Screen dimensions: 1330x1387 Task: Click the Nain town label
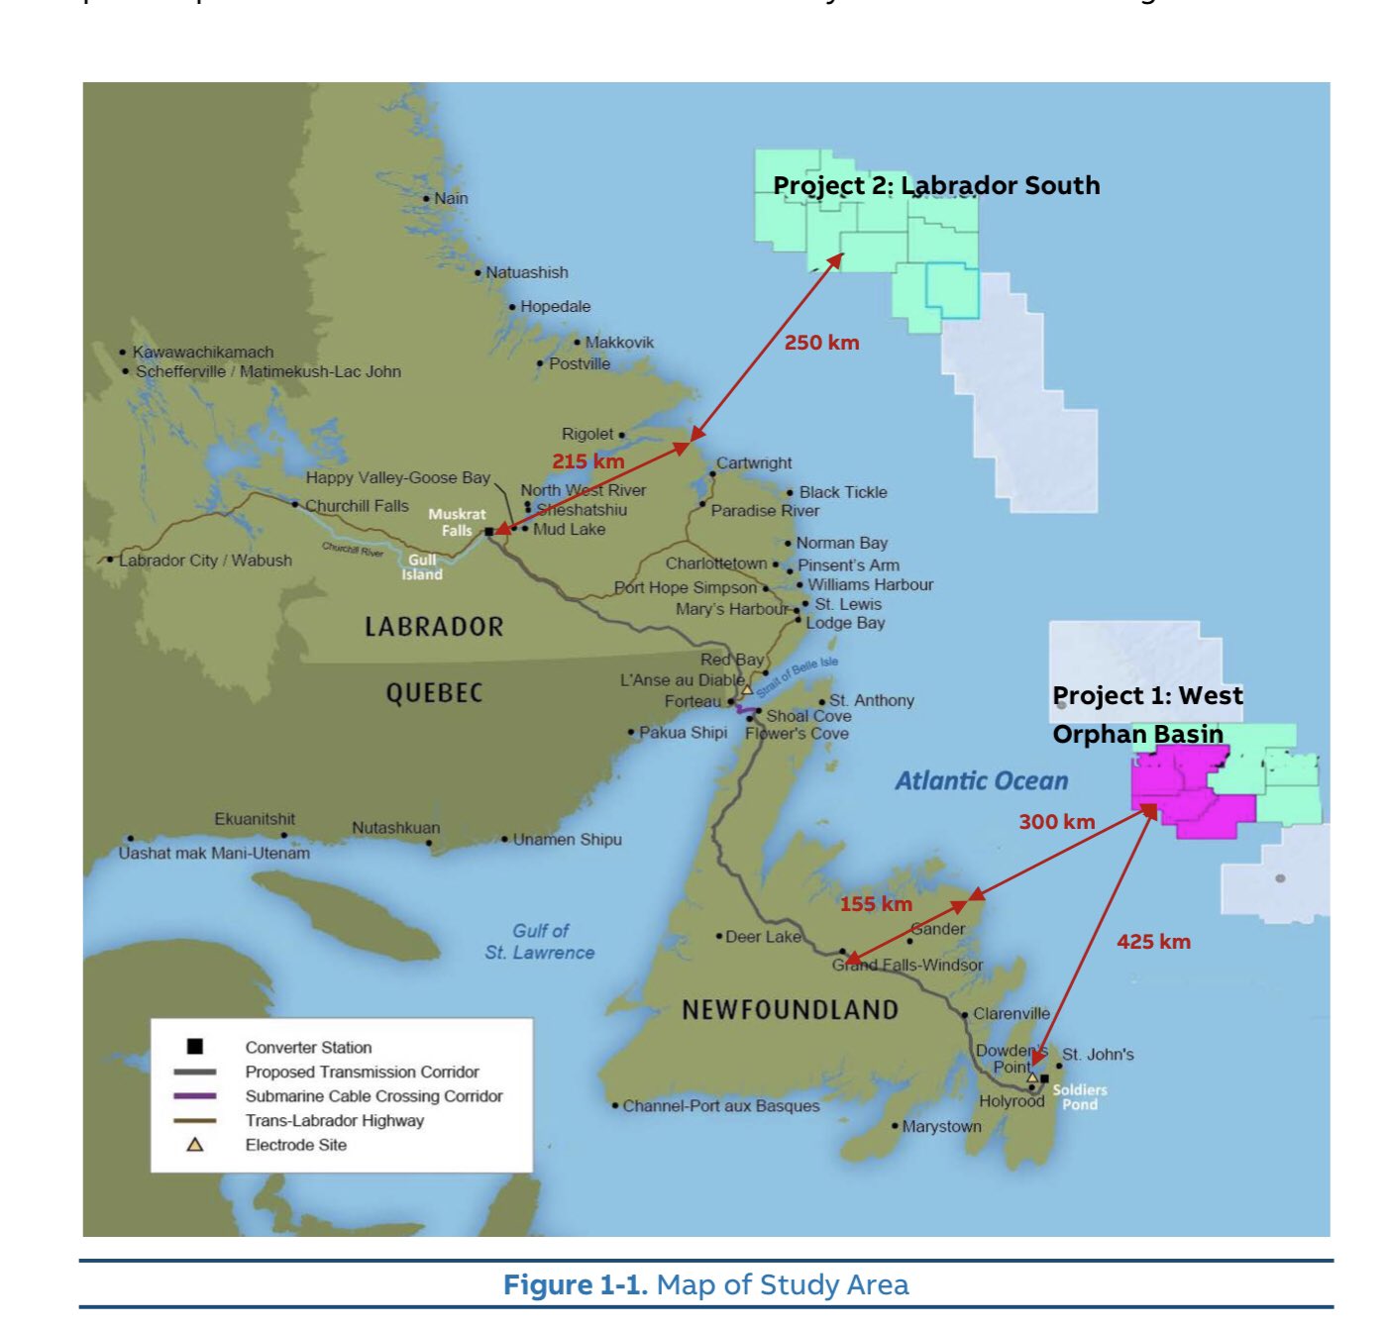pos(451,198)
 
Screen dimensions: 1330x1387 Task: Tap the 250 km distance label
pos(821,343)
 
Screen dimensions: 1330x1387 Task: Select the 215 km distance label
pos(587,461)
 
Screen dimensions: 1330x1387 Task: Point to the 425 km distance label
pos(1153,942)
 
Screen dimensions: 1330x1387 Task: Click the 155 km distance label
pos(876,904)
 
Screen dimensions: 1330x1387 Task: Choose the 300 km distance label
pos(1056,822)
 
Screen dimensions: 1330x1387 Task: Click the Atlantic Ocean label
pos(981,781)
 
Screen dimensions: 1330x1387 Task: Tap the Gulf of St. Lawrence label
pos(540,942)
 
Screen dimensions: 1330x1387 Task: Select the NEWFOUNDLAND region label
pos(790,1010)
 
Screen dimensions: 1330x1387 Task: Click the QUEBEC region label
pos(434,693)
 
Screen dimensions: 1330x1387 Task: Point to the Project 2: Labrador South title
pos(935,185)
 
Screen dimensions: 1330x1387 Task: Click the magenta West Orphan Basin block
pos(1189,792)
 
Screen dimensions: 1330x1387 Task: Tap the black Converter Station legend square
pos(195,1047)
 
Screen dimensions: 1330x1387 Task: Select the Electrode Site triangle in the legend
pos(195,1145)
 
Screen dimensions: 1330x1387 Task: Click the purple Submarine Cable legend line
pos(195,1096)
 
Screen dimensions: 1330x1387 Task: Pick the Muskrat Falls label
pos(457,522)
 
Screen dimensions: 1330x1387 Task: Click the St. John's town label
pos(1098,1055)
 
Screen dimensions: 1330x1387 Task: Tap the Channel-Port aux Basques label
pos(720,1106)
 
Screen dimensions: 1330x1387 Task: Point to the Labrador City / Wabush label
pos(205,561)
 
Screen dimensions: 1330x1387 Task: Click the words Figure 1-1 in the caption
pos(575,1285)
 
